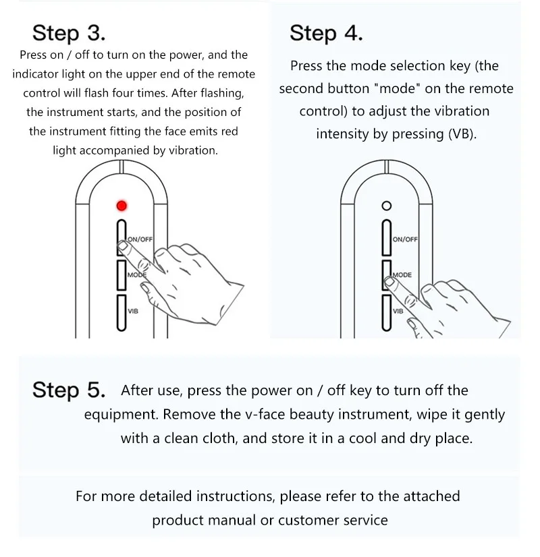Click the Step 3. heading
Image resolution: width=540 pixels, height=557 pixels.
[69, 33]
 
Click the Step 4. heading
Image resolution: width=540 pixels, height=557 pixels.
[326, 34]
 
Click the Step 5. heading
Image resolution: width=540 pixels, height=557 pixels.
[69, 390]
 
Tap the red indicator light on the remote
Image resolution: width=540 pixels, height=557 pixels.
[122, 206]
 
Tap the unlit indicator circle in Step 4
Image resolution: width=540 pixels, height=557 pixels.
[386, 206]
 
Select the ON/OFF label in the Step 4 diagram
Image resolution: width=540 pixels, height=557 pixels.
[405, 239]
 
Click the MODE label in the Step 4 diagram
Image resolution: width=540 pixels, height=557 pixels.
[402, 275]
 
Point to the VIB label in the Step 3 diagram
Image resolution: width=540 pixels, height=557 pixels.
[133, 311]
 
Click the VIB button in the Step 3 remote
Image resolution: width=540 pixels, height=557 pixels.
[122, 313]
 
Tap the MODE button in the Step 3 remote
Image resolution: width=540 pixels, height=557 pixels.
[122, 275]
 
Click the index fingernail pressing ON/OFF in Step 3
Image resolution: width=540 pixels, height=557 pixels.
[123, 245]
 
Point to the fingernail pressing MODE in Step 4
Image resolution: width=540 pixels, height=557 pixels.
[389, 282]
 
